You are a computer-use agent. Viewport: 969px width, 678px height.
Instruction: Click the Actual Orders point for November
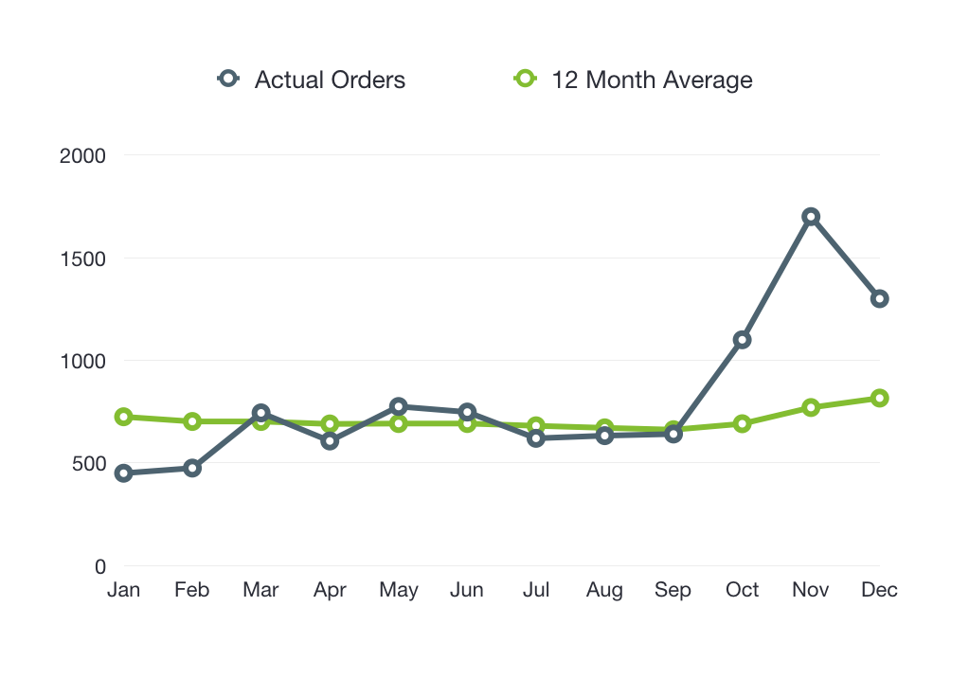(x=811, y=217)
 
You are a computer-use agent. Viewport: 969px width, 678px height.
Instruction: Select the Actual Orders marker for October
(x=742, y=340)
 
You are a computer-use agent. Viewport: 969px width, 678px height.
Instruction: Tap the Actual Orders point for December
(x=879, y=299)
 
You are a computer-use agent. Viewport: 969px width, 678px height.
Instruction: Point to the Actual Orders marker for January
(x=123, y=473)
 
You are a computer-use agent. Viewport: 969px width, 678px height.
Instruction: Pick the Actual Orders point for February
(x=192, y=468)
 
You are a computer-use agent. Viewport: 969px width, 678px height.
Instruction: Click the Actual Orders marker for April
(x=330, y=440)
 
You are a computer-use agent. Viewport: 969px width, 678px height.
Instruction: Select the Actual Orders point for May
(x=399, y=407)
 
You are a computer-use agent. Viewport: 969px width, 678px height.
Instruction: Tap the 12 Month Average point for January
(x=123, y=417)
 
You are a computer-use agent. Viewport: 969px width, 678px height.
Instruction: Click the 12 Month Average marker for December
(x=879, y=399)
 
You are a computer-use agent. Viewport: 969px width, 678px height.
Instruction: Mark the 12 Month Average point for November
(x=811, y=407)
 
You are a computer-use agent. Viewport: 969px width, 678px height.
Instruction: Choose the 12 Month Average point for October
(x=742, y=423)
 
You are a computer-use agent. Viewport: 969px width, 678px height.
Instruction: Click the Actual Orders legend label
(x=330, y=80)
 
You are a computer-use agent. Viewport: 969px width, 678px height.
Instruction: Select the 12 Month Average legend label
(x=652, y=80)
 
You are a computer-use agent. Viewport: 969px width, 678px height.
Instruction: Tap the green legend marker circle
(x=525, y=79)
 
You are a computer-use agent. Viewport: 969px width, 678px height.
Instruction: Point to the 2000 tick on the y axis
(x=82, y=155)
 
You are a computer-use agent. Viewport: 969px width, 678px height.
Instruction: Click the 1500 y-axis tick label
(x=82, y=259)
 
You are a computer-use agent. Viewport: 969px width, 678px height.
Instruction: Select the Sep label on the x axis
(x=673, y=590)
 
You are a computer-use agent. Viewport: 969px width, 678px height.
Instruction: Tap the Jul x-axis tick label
(x=536, y=590)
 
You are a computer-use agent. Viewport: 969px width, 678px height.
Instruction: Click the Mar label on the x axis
(x=260, y=590)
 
